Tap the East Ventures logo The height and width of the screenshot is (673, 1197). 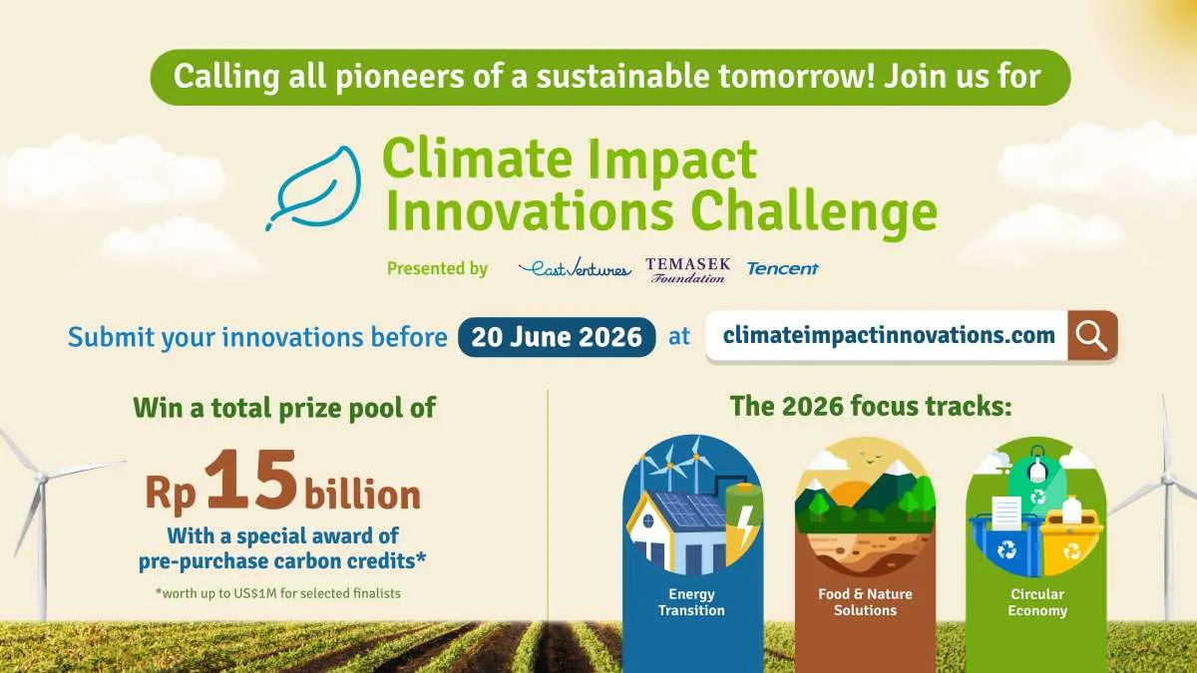pos(575,269)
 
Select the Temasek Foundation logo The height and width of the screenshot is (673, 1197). pos(687,269)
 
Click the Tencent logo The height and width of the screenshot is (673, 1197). pos(782,268)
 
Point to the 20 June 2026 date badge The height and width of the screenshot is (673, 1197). pos(557,337)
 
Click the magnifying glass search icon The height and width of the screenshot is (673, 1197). pos(1092,336)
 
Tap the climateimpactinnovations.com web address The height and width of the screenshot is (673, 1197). pos(888,336)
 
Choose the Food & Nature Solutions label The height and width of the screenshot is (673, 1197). pos(865,602)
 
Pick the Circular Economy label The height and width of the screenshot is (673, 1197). pos(1037,602)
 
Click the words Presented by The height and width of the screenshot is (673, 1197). pos(437,268)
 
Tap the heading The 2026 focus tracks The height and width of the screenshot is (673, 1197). pos(871,407)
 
